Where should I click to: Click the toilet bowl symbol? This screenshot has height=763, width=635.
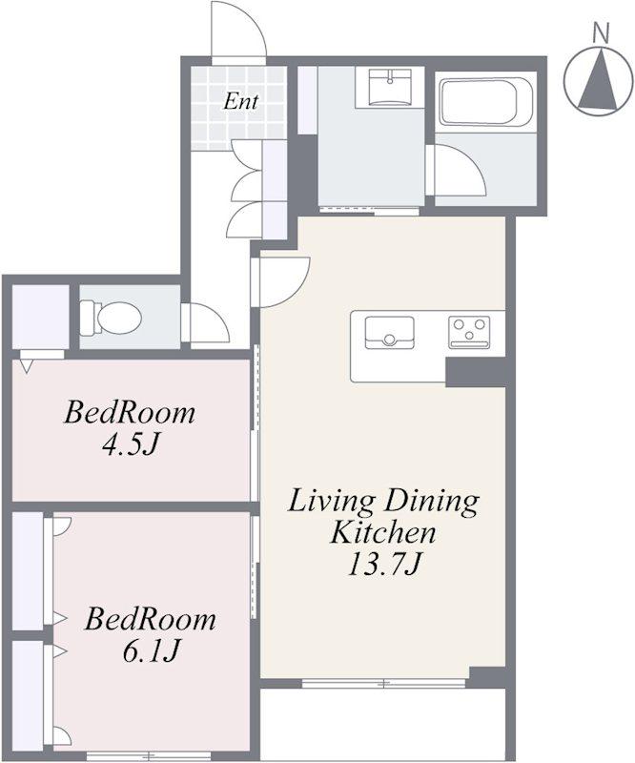[x=112, y=318]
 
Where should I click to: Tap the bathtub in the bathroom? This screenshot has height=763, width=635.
[x=483, y=102]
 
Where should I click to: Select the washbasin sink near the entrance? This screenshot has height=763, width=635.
[x=389, y=88]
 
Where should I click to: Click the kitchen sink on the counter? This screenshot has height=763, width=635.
[x=389, y=332]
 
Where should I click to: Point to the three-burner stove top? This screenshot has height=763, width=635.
[x=469, y=332]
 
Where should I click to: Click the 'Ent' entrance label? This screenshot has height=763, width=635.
[x=240, y=102]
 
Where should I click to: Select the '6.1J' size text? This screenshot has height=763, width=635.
[x=150, y=650]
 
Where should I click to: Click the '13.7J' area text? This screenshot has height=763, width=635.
[x=383, y=565]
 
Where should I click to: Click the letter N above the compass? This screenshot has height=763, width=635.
[x=602, y=33]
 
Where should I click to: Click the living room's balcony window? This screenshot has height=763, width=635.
[x=384, y=683]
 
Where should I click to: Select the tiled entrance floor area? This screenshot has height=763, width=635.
[x=237, y=108]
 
